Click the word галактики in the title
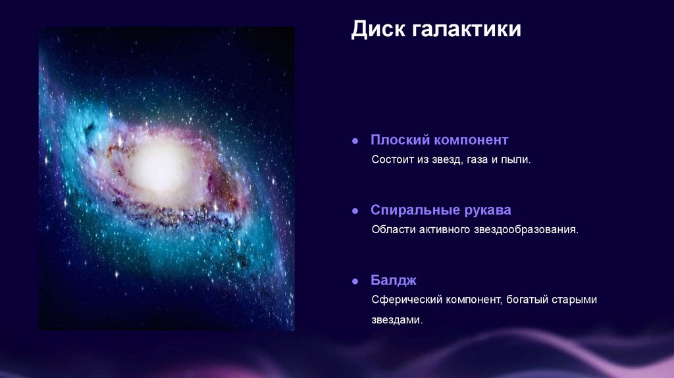tap(467, 30)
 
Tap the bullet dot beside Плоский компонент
tap(355, 141)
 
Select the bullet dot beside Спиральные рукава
tap(355, 211)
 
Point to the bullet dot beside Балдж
tap(355, 281)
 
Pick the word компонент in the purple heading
tap(471, 140)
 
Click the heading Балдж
tap(394, 281)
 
